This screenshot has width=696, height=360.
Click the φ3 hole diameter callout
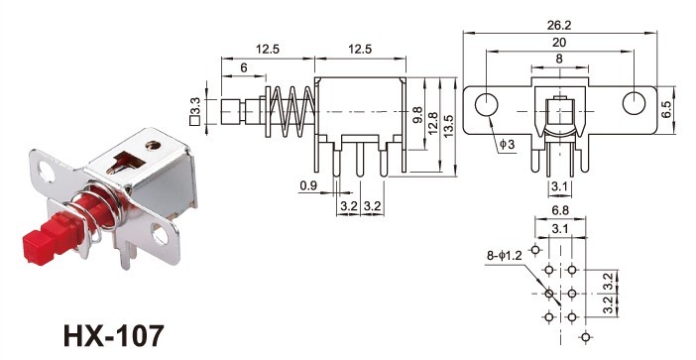coord(506,145)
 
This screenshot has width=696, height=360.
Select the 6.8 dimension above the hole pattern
coord(561,210)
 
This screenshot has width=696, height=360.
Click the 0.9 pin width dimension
coord(306,184)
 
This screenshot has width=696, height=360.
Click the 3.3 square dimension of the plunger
coord(197,109)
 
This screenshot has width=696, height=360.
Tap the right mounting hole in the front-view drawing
coord(635,104)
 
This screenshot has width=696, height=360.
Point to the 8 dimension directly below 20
coord(561,60)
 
